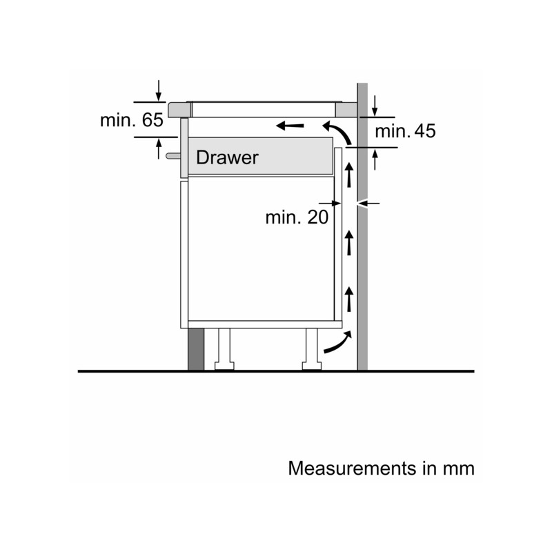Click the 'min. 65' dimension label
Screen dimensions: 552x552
click(132, 120)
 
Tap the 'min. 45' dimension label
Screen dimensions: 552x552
click(405, 131)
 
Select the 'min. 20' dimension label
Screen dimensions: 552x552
click(297, 217)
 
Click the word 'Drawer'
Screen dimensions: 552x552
click(227, 157)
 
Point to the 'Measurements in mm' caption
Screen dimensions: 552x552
click(382, 469)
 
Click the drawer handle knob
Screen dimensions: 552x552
click(173, 156)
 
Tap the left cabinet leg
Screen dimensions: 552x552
click(224, 349)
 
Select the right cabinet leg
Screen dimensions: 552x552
click(312, 349)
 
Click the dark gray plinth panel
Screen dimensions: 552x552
click(196, 349)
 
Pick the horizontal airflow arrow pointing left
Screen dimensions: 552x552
click(290, 126)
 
